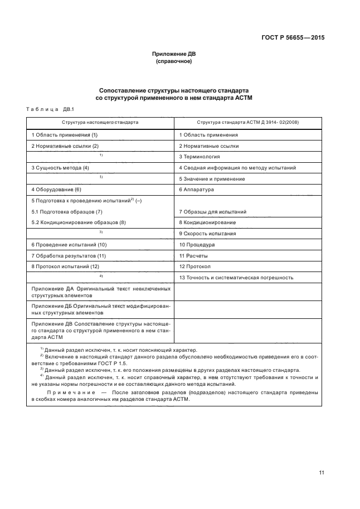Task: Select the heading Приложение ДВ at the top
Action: click(174, 54)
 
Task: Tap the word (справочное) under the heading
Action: click(174, 62)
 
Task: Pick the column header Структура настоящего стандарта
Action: click(101, 122)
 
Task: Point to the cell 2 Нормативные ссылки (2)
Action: click(65, 146)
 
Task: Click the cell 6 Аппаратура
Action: click(197, 190)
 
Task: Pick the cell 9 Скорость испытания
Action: click(207, 233)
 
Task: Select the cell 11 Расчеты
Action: click(193, 255)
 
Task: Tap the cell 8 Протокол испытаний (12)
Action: click(65, 266)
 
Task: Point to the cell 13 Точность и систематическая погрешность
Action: click(236, 277)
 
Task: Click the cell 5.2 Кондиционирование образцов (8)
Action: click(79, 222)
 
